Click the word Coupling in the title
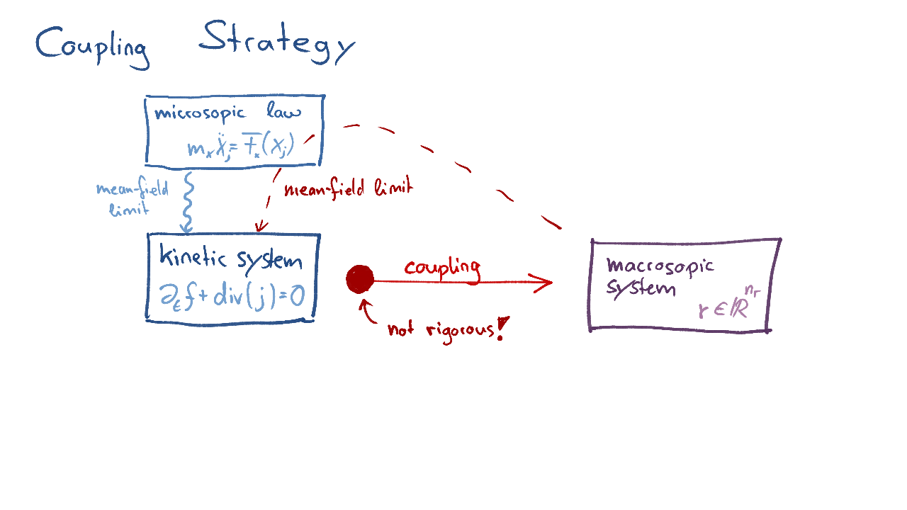click(92, 46)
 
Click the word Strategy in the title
click(276, 42)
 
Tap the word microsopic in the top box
click(200, 113)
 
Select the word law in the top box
click(284, 112)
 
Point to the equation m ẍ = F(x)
click(240, 147)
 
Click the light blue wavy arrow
click(188, 202)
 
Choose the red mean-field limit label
click(347, 189)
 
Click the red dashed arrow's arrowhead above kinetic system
click(261, 227)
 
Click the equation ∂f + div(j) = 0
click(232, 295)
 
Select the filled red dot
click(360, 279)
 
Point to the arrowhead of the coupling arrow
click(544, 283)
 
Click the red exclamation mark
click(502, 329)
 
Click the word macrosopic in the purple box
click(660, 266)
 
